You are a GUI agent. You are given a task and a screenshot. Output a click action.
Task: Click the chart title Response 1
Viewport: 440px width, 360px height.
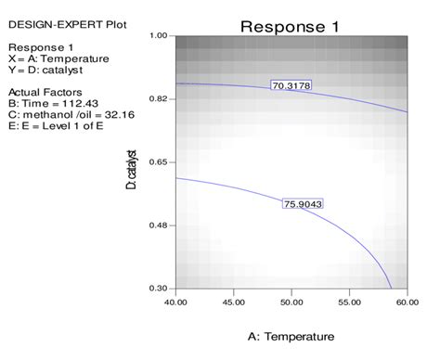pyautogui.click(x=291, y=26)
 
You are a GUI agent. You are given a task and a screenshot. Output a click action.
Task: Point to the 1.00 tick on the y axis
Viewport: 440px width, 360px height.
pyautogui.click(x=158, y=35)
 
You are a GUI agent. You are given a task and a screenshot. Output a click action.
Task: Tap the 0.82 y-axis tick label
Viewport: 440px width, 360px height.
pyautogui.click(x=158, y=98)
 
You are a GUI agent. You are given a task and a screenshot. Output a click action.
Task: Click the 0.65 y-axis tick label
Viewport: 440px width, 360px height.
pyautogui.click(x=158, y=162)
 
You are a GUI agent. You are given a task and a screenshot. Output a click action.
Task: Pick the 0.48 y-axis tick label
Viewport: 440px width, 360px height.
pyautogui.click(x=158, y=225)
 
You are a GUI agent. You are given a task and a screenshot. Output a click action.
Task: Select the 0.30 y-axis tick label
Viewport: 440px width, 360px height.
pyautogui.click(x=158, y=289)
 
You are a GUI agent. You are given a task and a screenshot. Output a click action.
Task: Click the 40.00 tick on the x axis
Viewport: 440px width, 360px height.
pyautogui.click(x=175, y=302)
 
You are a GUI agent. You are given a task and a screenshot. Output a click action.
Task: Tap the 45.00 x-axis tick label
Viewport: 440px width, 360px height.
pyautogui.click(x=234, y=302)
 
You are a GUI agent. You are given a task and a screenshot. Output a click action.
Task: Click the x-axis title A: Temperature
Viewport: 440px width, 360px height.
pyautogui.click(x=291, y=336)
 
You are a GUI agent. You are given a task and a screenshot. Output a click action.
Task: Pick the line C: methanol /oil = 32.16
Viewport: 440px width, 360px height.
pyautogui.click(x=68, y=115)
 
